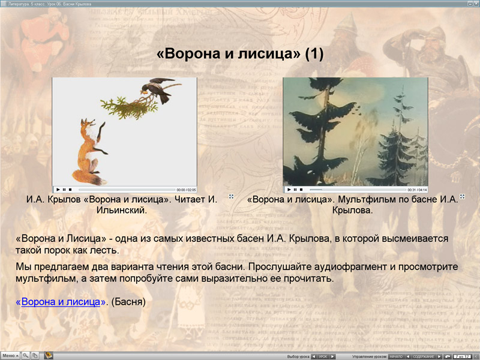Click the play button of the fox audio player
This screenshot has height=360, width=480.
pyautogui.click(x=58, y=190)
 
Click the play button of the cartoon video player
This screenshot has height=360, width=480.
pyautogui.click(x=288, y=190)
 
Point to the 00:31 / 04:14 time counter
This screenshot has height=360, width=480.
pyautogui.click(x=417, y=190)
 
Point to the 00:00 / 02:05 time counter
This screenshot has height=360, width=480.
pyautogui.click(x=186, y=190)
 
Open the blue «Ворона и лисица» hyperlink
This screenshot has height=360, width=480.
pyautogui.click(x=61, y=302)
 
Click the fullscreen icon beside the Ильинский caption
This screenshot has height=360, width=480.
pyautogui.click(x=230, y=196)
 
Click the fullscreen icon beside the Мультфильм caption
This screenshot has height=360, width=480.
pyautogui.click(x=462, y=196)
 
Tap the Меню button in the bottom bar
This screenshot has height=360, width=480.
pyautogui.click(x=10, y=355)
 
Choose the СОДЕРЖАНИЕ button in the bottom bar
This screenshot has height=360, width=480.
pyautogui.click(x=424, y=356)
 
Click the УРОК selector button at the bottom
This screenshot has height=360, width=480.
pyautogui.click(x=323, y=356)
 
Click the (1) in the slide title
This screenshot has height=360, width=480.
pyautogui.click(x=314, y=54)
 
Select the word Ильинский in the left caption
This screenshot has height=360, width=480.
pyautogui.click(x=122, y=211)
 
